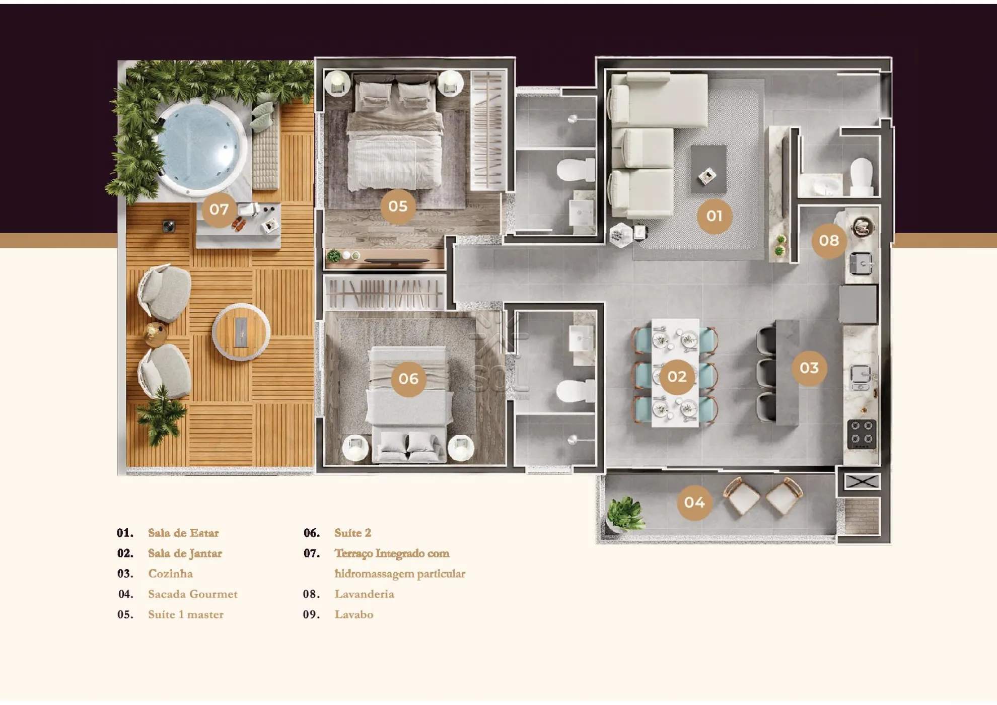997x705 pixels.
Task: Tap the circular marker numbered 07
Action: tap(219, 209)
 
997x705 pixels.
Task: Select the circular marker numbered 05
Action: tap(398, 206)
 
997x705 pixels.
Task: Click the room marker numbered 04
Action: tap(694, 502)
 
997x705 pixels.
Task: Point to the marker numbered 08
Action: tap(829, 241)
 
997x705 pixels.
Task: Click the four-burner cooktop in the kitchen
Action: tap(862, 434)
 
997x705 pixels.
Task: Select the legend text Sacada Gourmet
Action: tap(193, 594)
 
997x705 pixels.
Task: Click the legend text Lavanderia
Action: tap(365, 594)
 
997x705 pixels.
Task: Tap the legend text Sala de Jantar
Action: tap(185, 553)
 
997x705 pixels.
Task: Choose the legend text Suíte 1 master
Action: tap(186, 614)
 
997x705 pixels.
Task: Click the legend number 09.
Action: tap(311, 614)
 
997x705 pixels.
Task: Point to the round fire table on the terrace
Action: tap(241, 332)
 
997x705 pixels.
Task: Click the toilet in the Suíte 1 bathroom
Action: tap(576, 170)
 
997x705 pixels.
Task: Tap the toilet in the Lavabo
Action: tap(861, 177)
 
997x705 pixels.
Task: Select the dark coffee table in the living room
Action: tap(708, 169)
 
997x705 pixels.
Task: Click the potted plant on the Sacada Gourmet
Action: tap(625, 513)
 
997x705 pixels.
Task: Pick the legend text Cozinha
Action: tap(170, 574)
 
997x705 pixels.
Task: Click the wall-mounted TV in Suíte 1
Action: tap(396, 260)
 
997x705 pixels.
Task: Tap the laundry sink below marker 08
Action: tap(861, 263)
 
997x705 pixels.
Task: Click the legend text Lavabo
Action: tap(354, 614)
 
